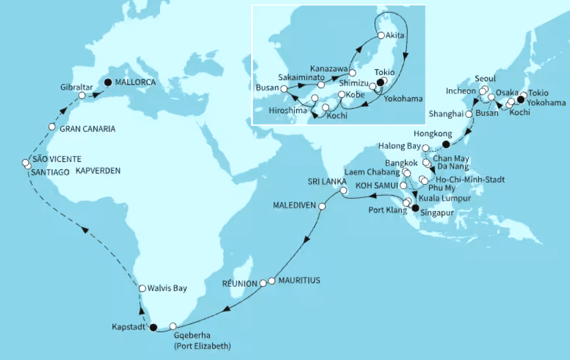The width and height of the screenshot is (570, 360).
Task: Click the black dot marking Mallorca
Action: coord(108,82)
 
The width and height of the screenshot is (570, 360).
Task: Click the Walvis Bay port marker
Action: coord(142,288)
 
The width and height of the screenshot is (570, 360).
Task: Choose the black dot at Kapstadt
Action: coord(153,327)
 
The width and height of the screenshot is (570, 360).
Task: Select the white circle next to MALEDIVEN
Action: coord(322,207)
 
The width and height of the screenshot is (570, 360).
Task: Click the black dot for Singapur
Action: coord(416,208)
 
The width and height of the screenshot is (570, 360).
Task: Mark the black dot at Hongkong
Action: coord(446,144)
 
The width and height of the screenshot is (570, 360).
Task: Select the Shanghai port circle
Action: coord(469,114)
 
